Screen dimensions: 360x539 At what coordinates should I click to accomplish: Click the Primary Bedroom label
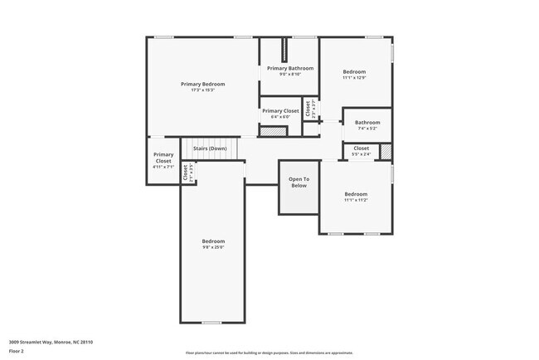(203, 84)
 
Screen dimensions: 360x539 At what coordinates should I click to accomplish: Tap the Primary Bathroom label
(289, 68)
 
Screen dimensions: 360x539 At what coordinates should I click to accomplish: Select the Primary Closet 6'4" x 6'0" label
(279, 110)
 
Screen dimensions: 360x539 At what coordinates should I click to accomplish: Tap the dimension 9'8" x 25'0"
(213, 246)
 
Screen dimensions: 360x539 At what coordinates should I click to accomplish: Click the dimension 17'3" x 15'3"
(203, 90)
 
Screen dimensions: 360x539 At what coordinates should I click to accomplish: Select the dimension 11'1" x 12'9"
(354, 78)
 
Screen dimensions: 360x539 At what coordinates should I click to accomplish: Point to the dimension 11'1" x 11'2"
(355, 200)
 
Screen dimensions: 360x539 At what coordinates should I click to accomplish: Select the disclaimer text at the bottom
(269, 352)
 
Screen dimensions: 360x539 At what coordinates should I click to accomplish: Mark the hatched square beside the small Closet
(386, 151)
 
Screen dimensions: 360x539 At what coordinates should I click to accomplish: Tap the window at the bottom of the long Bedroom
(212, 322)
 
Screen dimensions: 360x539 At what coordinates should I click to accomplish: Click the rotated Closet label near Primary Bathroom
(308, 109)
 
